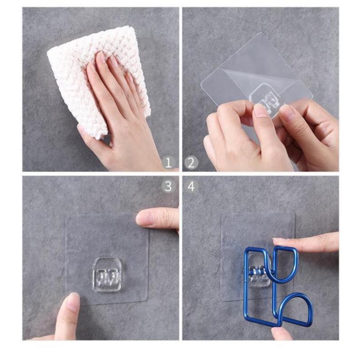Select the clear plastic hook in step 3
pyautogui.click(x=107, y=274)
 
